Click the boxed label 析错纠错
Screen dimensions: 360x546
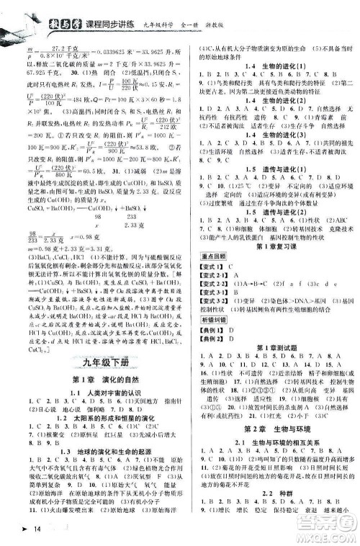[x=209, y=340]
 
